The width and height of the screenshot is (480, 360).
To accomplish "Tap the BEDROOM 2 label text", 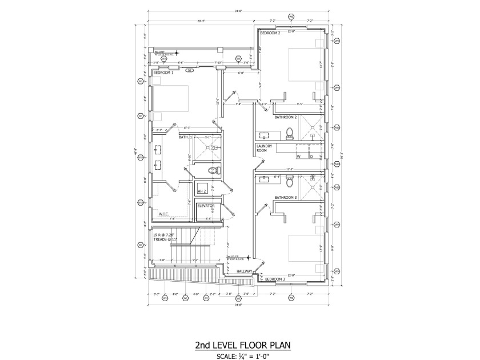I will point(270,33).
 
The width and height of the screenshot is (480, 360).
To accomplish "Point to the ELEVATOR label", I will point(206,205).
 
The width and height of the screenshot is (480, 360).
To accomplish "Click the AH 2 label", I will point(202,191).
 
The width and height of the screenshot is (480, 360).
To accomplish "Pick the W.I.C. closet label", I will point(165,214).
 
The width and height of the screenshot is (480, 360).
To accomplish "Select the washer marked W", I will point(298,155).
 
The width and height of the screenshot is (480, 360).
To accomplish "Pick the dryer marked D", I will point(310,155).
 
